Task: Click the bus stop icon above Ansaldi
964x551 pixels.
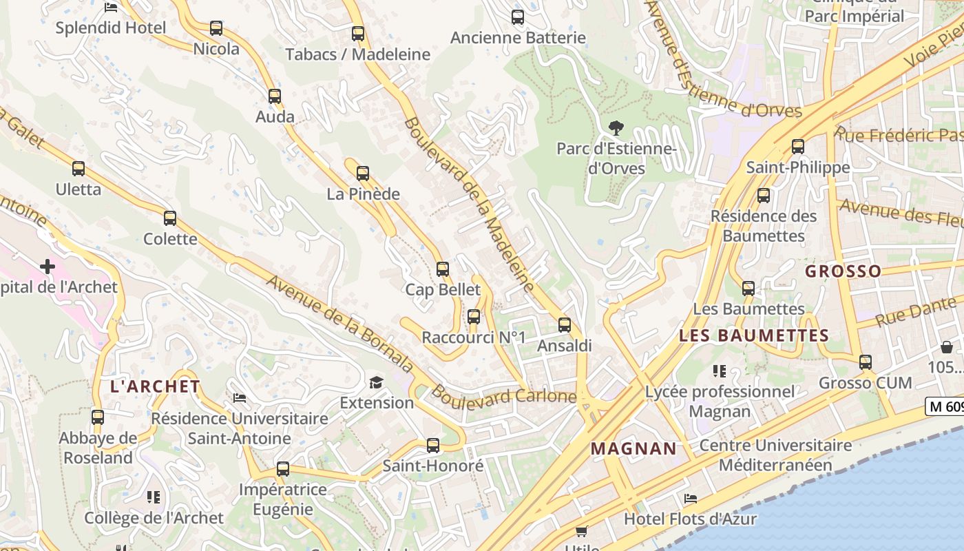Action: click(565, 324)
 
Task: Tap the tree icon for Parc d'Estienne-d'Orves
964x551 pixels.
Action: click(616, 127)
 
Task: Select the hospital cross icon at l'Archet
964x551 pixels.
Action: click(48, 266)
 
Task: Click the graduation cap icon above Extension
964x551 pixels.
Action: click(376, 382)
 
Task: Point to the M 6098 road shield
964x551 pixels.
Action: click(945, 406)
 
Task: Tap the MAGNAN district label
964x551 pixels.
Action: click(633, 449)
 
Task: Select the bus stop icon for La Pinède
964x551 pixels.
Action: click(363, 174)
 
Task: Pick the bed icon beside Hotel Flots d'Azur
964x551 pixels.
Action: click(691, 498)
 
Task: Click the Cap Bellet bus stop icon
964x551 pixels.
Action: click(443, 269)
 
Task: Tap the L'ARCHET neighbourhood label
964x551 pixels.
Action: click(155, 386)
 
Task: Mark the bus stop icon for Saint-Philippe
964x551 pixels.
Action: click(798, 147)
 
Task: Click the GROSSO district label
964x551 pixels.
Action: click(843, 271)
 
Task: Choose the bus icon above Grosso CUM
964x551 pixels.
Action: click(866, 362)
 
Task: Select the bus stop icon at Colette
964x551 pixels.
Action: click(170, 218)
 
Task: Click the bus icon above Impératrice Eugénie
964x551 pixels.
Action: click(283, 469)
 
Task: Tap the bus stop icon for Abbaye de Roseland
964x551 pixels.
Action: click(98, 417)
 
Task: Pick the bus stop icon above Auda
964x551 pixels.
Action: click(275, 96)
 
